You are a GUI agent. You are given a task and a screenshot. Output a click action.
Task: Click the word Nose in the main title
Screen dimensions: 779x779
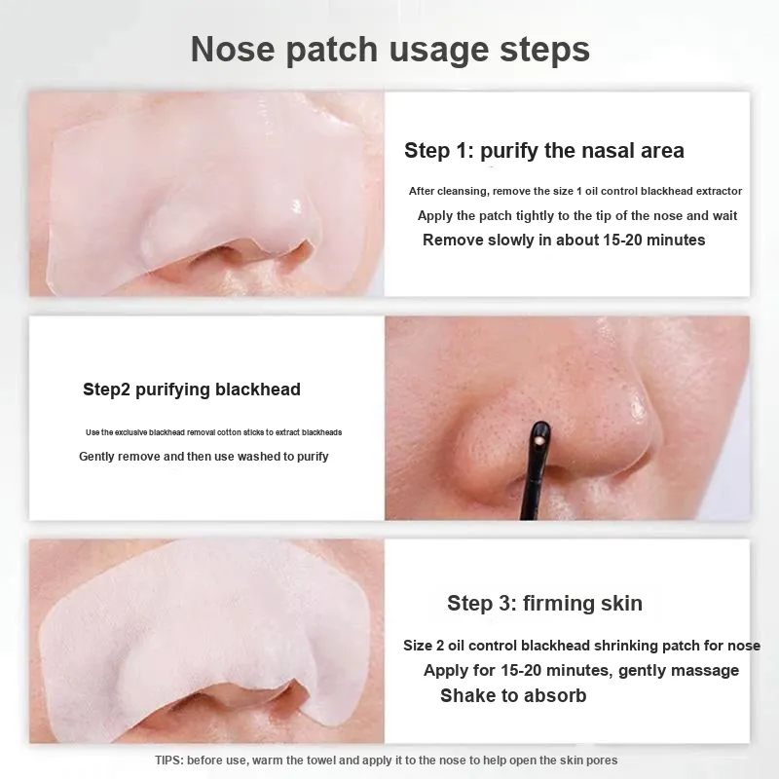(x=233, y=49)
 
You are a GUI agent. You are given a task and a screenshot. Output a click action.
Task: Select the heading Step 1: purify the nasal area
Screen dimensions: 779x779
(x=544, y=151)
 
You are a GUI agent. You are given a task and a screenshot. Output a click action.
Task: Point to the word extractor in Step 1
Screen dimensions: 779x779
(x=719, y=191)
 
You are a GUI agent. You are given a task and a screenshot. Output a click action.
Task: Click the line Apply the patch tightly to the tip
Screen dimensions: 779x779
(x=577, y=216)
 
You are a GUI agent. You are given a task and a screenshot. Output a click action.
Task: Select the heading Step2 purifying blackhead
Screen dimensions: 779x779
(x=192, y=389)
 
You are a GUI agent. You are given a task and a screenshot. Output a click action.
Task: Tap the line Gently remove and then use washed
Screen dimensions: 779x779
(x=204, y=456)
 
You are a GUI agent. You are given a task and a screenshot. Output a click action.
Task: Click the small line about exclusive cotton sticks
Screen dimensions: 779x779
(x=213, y=432)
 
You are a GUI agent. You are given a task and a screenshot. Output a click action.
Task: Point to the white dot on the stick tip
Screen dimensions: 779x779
(x=540, y=441)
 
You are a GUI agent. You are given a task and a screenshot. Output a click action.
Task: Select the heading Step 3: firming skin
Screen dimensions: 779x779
(x=544, y=603)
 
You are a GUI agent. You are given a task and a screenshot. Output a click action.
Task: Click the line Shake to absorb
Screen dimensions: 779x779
(x=513, y=695)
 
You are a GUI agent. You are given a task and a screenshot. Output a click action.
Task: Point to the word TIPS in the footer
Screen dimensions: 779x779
(x=169, y=760)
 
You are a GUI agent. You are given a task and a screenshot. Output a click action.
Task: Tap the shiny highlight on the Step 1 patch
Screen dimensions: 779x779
(x=297, y=205)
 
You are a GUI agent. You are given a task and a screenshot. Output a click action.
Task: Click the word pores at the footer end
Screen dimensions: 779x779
(x=601, y=760)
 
